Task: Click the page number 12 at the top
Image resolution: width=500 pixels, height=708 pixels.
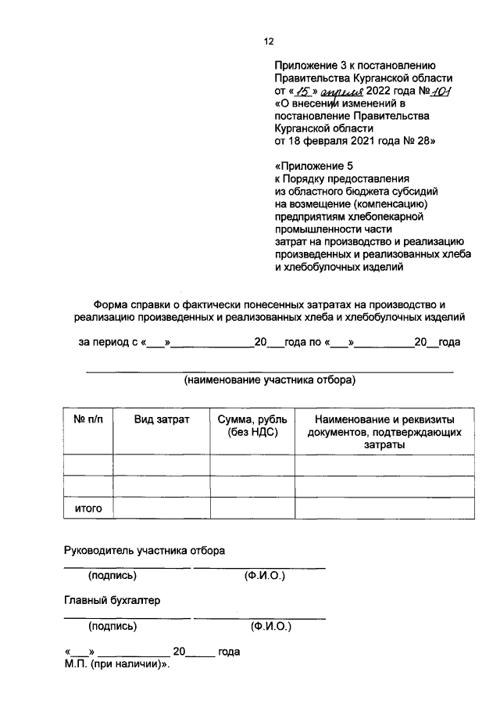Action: coord(269,42)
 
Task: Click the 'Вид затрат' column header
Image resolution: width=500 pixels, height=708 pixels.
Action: coord(161,420)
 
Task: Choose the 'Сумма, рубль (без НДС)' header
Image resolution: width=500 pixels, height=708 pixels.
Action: coord(252,426)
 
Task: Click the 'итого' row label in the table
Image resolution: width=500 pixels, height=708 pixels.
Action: coord(88,509)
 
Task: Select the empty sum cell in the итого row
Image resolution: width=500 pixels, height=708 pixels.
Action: coord(252,509)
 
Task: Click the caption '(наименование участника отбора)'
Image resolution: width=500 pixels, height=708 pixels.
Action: coord(270,381)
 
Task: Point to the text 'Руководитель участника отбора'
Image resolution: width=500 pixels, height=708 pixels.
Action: coord(144,551)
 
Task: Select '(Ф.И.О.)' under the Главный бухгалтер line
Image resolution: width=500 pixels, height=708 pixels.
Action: coord(270,627)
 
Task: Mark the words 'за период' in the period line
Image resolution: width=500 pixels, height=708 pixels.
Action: coord(102,343)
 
